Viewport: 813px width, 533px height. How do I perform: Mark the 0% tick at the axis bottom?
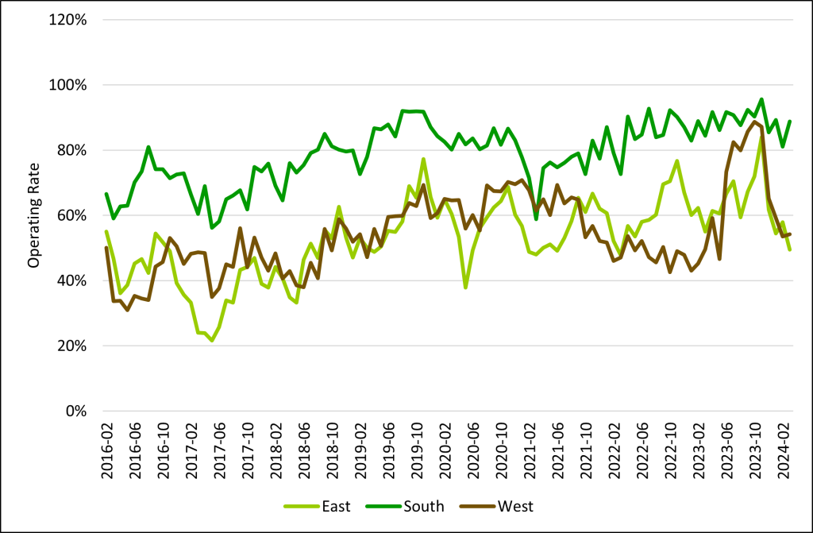pos(76,411)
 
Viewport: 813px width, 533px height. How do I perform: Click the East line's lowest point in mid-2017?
pos(212,341)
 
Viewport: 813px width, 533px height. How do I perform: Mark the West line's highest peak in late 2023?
pos(753,122)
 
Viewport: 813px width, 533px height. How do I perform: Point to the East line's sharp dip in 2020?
pos(465,287)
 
